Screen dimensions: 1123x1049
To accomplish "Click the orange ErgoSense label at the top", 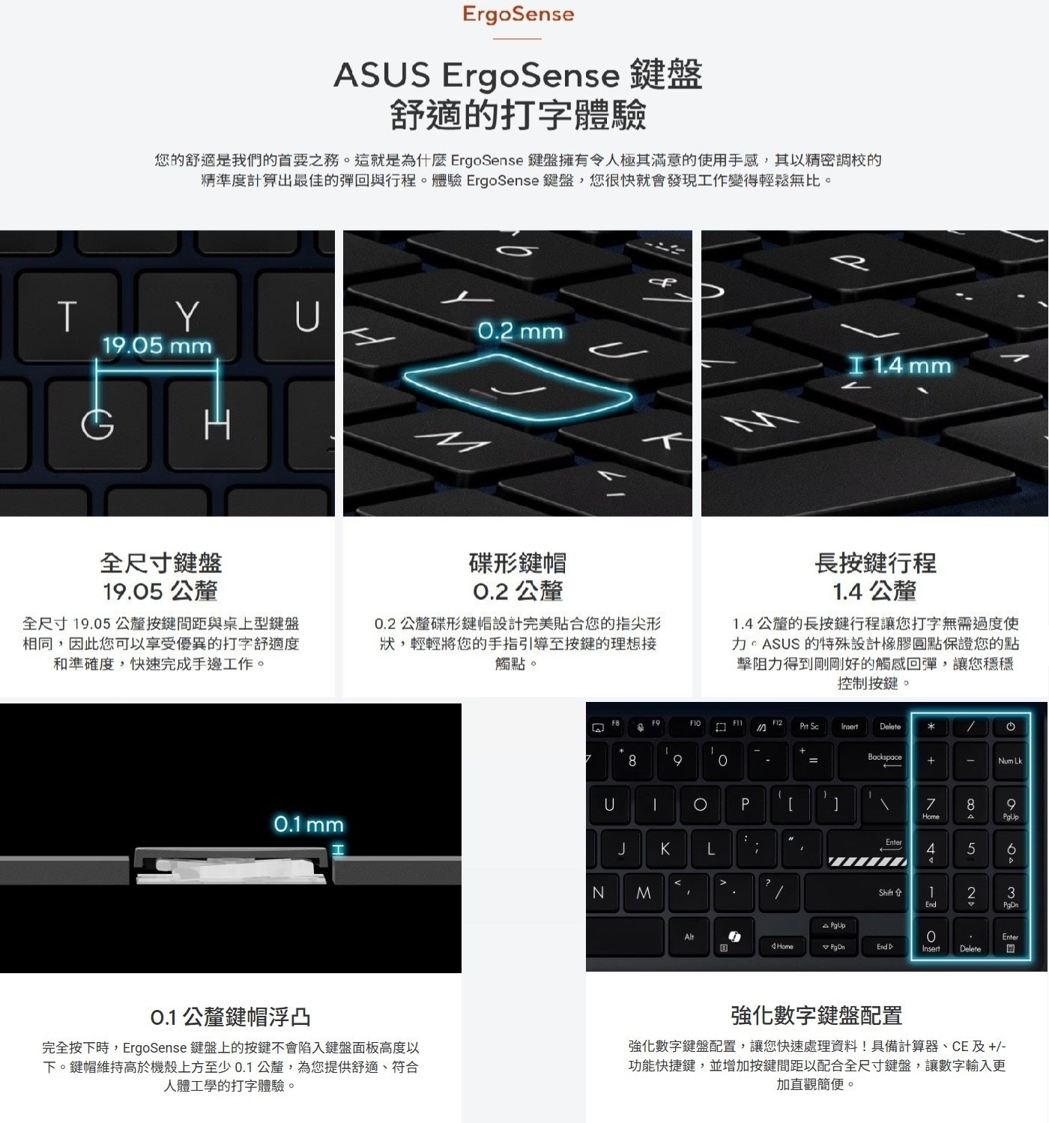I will click(x=518, y=15).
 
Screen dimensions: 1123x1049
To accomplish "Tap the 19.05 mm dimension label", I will click(x=157, y=346).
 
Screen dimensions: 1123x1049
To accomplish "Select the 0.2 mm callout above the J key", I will click(x=520, y=331).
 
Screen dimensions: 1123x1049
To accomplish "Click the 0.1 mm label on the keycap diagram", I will click(x=308, y=825).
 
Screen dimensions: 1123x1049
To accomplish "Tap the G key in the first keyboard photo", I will click(x=97, y=425).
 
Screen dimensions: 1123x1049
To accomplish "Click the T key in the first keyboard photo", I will click(x=67, y=315).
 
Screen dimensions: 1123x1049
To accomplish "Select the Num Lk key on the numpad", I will click(x=1009, y=761).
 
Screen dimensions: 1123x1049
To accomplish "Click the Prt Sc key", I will click(x=808, y=727).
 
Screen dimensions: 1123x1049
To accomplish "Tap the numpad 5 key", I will click(x=970, y=850).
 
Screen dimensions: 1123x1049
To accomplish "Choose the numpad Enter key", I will click(x=1009, y=941).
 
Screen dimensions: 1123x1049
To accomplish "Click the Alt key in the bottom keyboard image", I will click(x=689, y=937).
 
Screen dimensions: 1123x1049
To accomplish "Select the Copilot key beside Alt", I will click(x=734, y=937).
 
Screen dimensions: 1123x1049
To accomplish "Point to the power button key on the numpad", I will click(x=1009, y=727).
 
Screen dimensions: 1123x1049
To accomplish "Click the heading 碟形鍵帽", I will click(x=517, y=563).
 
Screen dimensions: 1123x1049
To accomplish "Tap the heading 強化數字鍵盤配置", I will click(x=816, y=1016).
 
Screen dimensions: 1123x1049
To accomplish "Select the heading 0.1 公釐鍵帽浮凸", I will click(x=230, y=1017).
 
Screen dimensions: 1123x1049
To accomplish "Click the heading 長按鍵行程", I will click(x=874, y=563).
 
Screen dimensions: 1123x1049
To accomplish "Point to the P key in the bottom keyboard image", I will click(x=744, y=805).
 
